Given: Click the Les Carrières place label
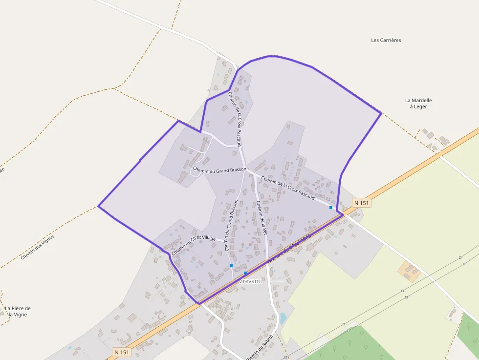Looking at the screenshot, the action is pyautogui.click(x=386, y=40).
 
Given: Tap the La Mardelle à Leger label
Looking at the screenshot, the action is pyautogui.click(x=418, y=103).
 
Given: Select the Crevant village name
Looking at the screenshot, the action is pyautogui.click(x=250, y=281).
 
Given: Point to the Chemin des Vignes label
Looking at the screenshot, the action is pyautogui.click(x=37, y=247).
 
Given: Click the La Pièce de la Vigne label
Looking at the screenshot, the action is pyautogui.click(x=18, y=311).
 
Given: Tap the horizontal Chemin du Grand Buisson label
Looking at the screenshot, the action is pyautogui.click(x=219, y=169).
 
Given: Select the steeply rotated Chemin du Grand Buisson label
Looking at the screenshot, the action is pyautogui.click(x=231, y=225).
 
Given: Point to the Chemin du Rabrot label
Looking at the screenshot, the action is pyautogui.click(x=259, y=347).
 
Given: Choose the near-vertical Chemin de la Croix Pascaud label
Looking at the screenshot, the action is pyautogui.click(x=235, y=119).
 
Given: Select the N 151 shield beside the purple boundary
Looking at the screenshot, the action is pyautogui.click(x=361, y=203).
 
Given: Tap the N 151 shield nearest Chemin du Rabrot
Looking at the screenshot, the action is pyautogui.click(x=123, y=352).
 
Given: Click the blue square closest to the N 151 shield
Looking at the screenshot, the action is pyautogui.click(x=331, y=208).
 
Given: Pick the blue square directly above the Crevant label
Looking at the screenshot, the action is pyautogui.click(x=245, y=273).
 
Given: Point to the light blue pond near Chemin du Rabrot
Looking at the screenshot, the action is pyautogui.click(x=283, y=318).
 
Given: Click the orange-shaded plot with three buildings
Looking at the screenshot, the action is pyautogui.click(x=409, y=271).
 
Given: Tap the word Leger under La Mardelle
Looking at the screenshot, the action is pyautogui.click(x=418, y=106).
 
